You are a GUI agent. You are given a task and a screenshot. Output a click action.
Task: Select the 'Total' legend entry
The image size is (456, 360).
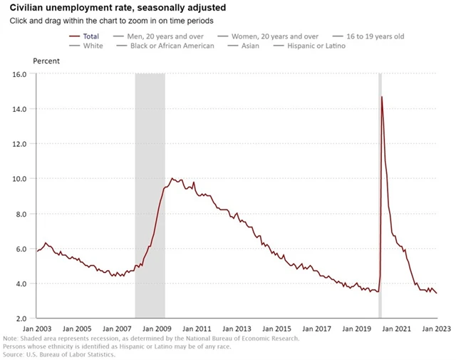90,36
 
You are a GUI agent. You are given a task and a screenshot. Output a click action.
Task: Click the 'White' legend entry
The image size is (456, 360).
93,46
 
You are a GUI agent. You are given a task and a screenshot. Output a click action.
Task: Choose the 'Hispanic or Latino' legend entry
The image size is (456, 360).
316,46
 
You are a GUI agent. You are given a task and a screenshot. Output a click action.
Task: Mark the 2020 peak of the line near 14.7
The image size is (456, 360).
382,96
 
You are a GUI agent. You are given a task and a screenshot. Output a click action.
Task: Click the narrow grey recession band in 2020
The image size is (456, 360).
380,214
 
